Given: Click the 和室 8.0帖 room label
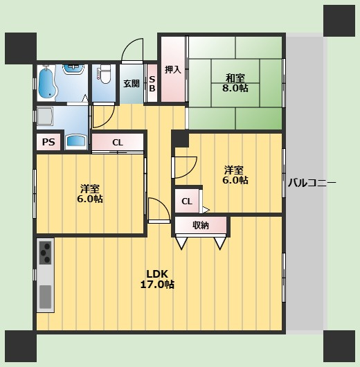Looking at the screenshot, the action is (235, 83).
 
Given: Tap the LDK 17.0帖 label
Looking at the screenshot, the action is (157, 279).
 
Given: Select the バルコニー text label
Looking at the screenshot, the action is (312, 183).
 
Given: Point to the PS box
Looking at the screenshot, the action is (48, 142).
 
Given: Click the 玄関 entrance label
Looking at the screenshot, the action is (132, 84).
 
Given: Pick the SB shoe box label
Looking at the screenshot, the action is (152, 84).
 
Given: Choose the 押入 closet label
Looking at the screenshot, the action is (173, 69).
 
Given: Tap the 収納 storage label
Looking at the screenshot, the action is (201, 225).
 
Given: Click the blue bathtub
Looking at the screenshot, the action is (48, 83).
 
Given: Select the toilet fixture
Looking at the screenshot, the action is (104, 74).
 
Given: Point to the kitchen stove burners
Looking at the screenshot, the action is (46, 253).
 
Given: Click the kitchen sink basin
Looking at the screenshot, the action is (46, 297).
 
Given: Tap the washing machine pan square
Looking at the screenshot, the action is (45, 116).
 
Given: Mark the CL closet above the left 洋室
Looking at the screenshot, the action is (118, 143).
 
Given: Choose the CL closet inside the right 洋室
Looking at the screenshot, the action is (187, 202).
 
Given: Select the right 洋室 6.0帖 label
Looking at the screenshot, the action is (235, 175).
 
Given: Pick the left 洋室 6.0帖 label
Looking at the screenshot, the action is (90, 194).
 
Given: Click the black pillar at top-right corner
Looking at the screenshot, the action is (339, 21).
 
